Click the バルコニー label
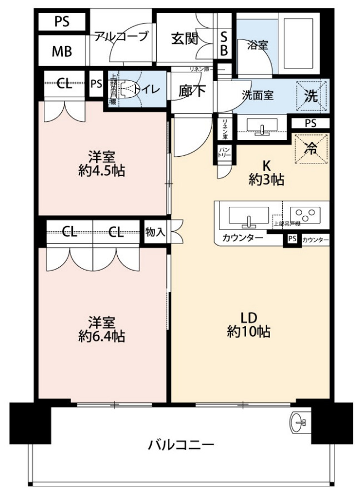coord(181,445)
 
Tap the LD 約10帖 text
coord(248,325)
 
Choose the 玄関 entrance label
coord(184,38)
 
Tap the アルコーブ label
coord(121,37)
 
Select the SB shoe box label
coord(224,43)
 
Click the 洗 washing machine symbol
coord(312,96)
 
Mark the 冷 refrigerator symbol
coord(312,148)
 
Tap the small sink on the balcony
coord(298,423)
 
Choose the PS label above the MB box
coord(62,22)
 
